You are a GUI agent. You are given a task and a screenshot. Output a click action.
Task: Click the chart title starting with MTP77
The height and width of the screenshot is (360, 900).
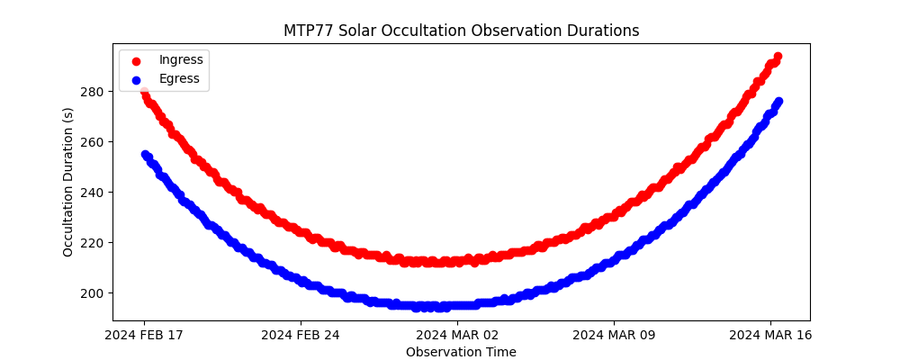coord(461,31)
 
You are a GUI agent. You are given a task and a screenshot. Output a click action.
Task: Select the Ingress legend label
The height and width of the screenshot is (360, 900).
coord(181,59)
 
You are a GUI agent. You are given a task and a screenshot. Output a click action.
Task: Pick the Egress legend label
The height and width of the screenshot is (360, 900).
coord(179,78)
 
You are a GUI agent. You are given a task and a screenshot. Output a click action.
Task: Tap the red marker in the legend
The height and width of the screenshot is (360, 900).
coord(136,60)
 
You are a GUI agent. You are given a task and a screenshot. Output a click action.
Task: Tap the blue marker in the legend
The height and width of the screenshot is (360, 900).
coord(136,79)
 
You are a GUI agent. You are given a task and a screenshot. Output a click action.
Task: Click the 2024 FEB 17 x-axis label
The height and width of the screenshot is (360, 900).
coord(144,336)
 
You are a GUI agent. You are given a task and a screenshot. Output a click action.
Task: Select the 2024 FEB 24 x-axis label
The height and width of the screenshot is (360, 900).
coord(301,336)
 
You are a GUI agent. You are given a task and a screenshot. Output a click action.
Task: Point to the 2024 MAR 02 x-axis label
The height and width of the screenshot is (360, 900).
coord(457,336)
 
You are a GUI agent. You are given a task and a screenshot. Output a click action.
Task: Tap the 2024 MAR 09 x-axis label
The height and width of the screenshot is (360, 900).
coord(614,336)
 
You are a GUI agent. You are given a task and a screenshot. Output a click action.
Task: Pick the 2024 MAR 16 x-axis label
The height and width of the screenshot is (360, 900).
coord(770,336)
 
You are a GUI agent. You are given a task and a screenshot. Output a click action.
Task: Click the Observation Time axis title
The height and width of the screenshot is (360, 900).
coord(461,352)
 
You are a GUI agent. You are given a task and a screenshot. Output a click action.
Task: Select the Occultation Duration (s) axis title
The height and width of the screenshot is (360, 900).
coord(68,182)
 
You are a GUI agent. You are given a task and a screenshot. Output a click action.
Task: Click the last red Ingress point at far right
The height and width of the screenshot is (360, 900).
coord(778,57)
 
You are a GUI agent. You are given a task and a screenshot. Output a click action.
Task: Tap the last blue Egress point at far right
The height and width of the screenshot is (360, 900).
coord(778,102)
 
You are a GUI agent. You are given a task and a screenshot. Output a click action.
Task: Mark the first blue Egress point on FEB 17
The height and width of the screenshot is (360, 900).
coord(145,155)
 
